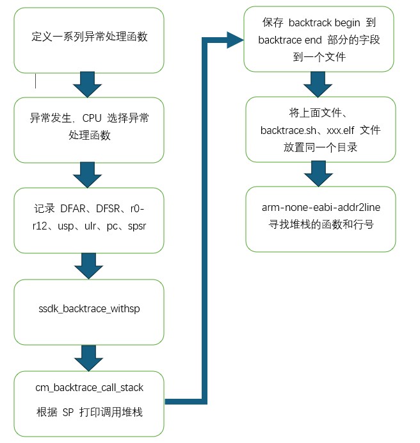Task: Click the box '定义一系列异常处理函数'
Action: tap(88, 40)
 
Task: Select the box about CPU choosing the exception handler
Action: tap(88, 130)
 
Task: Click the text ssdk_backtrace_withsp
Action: tap(88, 309)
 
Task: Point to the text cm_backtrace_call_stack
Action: tap(89, 387)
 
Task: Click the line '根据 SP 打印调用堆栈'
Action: tap(89, 412)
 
